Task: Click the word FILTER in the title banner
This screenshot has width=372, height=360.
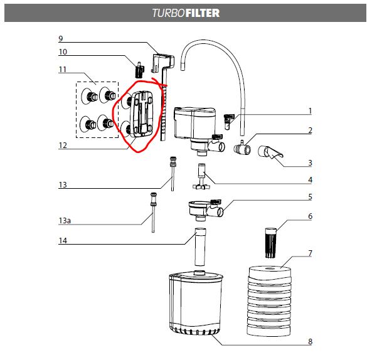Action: point(203,13)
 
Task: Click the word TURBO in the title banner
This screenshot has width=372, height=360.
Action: point(169,13)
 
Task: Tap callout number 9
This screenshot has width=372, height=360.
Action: point(61,39)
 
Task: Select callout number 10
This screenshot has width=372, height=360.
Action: point(63,51)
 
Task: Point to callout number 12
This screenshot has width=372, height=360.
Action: point(63,145)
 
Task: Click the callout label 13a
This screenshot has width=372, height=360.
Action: point(65,221)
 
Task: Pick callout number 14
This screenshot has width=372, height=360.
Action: point(63,241)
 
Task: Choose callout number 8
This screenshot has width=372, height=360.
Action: point(310,342)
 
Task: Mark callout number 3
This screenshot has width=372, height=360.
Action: point(310,163)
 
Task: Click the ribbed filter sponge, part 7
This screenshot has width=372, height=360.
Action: point(270,301)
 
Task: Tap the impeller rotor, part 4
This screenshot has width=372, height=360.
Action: point(201,176)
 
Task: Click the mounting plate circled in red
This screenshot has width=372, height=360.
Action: point(142,115)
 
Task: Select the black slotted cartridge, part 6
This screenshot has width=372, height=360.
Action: point(271,243)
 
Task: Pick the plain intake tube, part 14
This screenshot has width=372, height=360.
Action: point(200,247)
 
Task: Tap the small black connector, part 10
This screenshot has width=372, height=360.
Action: point(140,70)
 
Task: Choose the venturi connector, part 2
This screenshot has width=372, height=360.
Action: point(242,149)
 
